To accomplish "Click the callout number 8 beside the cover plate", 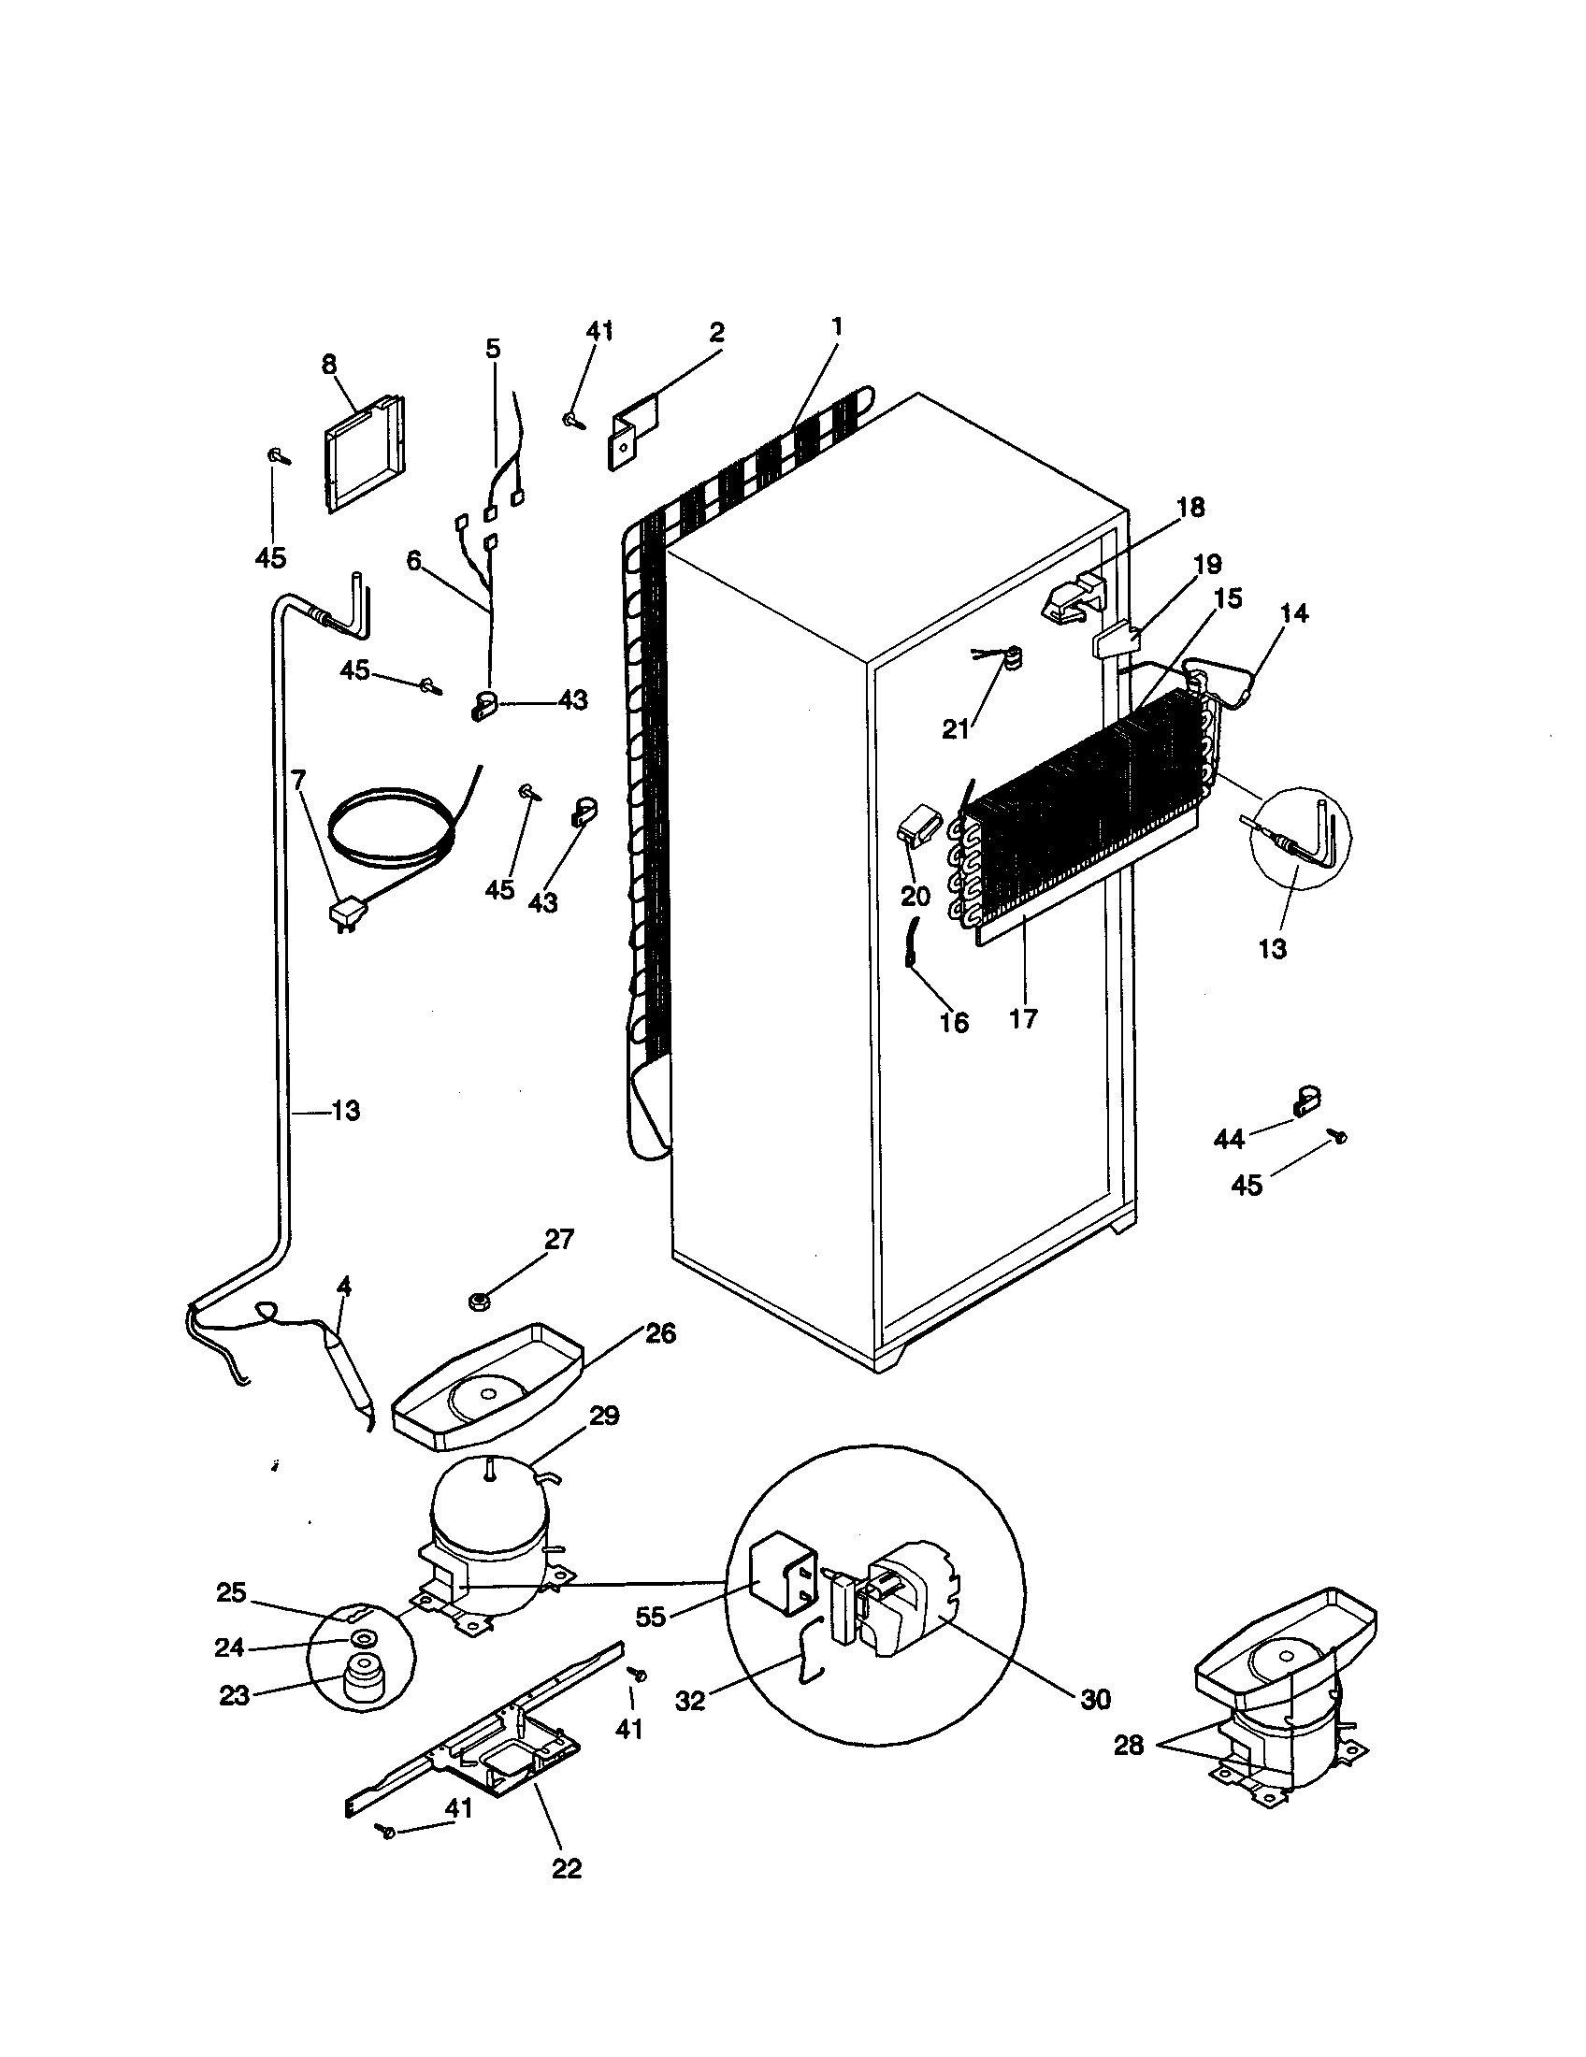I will coord(328,365).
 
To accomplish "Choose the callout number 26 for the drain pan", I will coord(659,1333).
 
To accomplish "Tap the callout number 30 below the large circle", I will coord(1095,1700).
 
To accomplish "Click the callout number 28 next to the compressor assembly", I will coord(1129,1746).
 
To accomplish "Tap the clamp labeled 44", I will coord(1304,1100).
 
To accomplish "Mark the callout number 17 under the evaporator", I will coord(1023,1018).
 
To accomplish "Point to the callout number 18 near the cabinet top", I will coord(1190,508).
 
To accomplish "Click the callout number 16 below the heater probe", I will coord(953,1022).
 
